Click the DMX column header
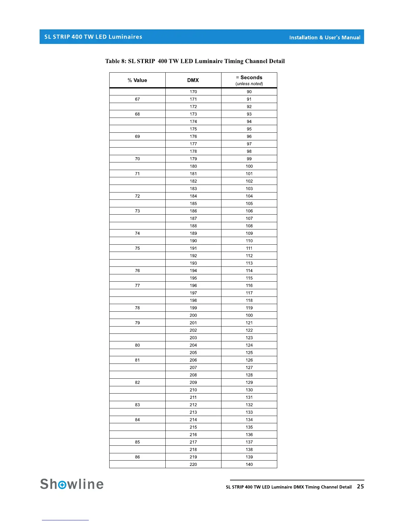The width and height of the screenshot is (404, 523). pos(193,80)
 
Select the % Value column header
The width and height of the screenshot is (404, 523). pos(137,80)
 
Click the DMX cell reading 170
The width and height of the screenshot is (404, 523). pos(193,92)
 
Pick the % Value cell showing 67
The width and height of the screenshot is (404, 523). pos(137,99)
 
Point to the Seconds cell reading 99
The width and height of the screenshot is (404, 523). pos(249,159)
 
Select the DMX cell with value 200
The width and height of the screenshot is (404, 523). pos(193,315)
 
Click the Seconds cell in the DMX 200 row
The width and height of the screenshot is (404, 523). pos(249,315)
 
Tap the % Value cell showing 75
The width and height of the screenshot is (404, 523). pos(137,248)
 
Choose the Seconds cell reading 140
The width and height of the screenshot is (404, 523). pos(249,465)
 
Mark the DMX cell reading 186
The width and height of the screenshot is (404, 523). pos(193,211)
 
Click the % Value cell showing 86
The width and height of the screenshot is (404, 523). pos(137,457)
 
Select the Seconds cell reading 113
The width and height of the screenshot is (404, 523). pos(249,263)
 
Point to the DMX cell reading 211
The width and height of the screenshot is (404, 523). pos(193,397)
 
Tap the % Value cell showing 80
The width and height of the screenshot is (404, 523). pos(137,345)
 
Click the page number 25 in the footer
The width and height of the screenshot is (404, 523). pos(360,486)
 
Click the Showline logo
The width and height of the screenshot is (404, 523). pos(72,484)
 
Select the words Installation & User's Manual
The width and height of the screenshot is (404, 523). pos(325,38)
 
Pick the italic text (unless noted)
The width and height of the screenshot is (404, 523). pos(249,84)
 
